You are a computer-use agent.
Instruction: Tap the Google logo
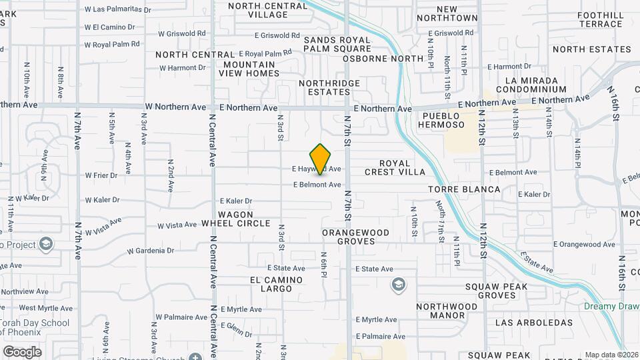tap(22, 351)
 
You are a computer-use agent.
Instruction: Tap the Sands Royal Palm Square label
tap(337, 44)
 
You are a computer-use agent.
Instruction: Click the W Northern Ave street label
tap(175, 107)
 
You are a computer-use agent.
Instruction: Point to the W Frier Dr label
tap(101, 176)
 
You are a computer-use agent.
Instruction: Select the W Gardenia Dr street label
tap(150, 251)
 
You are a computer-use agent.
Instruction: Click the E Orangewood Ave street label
tap(584, 245)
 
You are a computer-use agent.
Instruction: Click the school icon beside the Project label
tap(45, 245)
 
